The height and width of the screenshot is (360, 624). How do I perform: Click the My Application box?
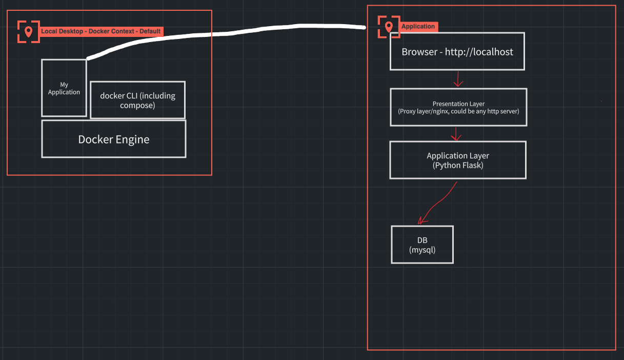tap(64, 88)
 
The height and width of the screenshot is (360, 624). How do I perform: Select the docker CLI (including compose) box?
tap(137, 100)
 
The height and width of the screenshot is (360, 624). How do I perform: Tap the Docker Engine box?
tap(114, 139)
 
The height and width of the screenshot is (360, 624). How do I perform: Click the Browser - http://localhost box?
tap(457, 51)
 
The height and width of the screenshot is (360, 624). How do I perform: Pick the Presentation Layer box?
tap(458, 107)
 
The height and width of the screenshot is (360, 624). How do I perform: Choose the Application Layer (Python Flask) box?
tap(458, 160)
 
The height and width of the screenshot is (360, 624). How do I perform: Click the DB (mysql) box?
tap(422, 245)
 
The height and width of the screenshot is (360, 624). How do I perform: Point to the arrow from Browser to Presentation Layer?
tap(458, 79)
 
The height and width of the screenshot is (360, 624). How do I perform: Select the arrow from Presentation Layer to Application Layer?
tap(456, 134)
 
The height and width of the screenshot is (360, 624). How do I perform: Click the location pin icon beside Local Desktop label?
tap(28, 32)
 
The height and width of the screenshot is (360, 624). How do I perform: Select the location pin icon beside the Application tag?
tap(389, 27)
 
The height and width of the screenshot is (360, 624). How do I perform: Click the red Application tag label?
tap(418, 27)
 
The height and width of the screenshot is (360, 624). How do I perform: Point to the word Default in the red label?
tap(150, 31)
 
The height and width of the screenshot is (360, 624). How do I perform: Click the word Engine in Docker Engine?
tap(132, 139)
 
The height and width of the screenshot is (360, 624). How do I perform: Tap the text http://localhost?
tap(479, 52)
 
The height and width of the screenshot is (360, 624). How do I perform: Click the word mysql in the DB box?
tap(422, 250)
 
